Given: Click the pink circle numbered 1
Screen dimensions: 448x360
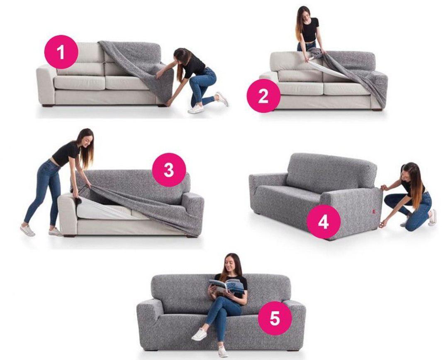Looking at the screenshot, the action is coord(61,52).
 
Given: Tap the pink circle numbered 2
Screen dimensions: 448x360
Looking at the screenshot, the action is coord(263,96).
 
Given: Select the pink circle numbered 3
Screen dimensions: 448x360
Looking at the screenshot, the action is coord(169,170).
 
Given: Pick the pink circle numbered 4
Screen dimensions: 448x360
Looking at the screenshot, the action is coord(324,222).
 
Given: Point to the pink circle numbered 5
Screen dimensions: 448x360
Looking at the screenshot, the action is coord(275,318).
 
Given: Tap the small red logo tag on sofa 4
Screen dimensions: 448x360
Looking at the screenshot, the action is coord(374,212).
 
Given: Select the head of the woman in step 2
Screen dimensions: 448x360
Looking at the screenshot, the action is coord(304,14).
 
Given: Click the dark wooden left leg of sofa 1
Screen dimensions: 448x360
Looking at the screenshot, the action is coord(46,105).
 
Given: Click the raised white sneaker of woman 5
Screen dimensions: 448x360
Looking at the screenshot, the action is coord(199,334).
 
